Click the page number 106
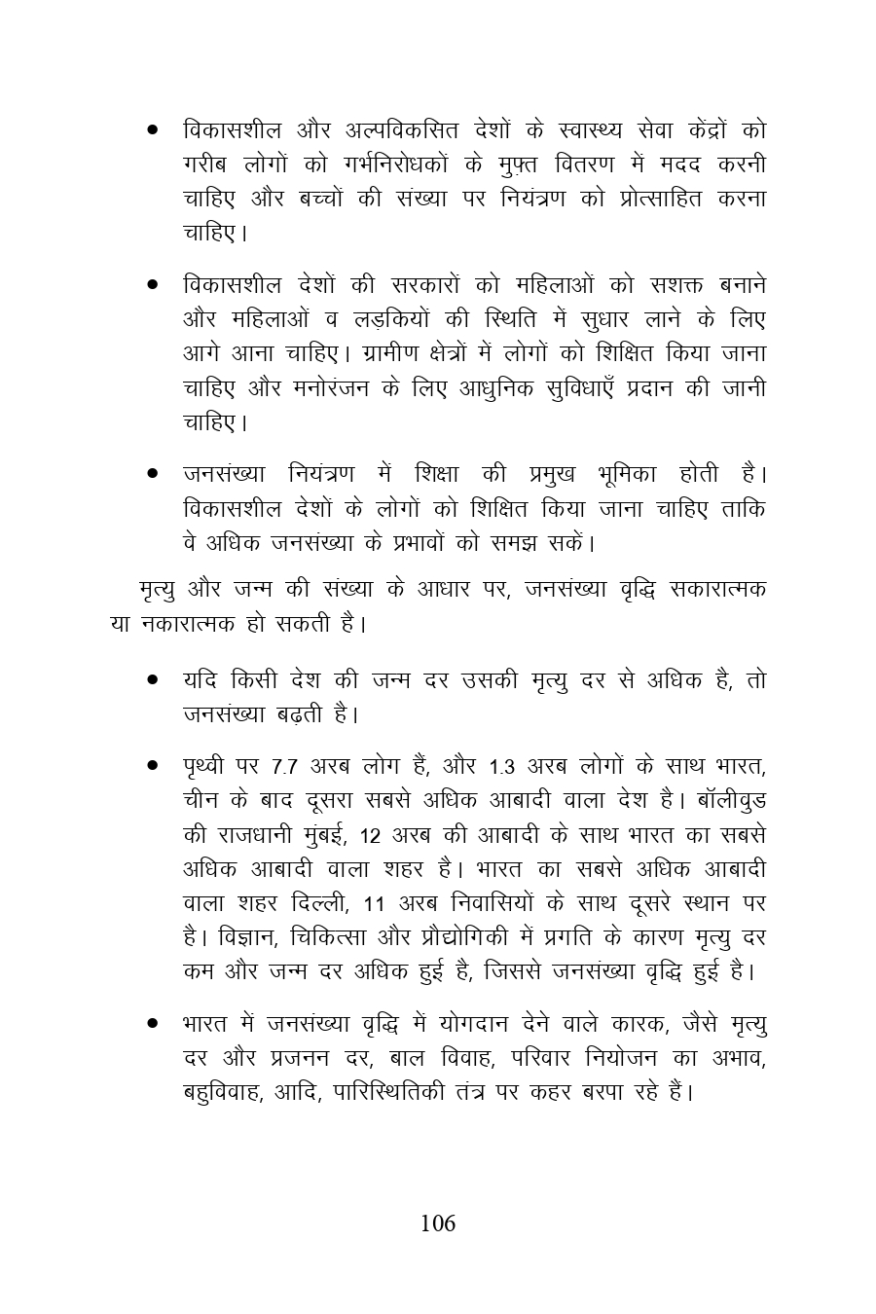(x=438, y=1223)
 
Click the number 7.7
(x=277, y=766)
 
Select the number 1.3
(x=501, y=766)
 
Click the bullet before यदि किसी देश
(x=153, y=679)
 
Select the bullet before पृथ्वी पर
(x=153, y=766)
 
